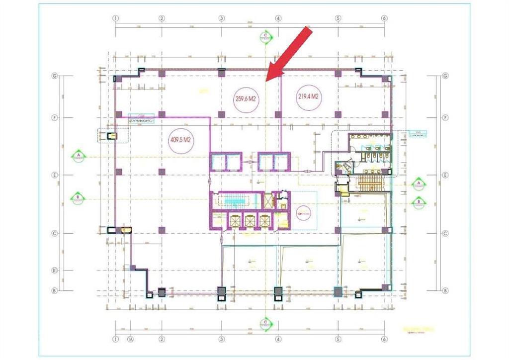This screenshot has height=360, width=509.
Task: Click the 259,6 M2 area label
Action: click(245, 98)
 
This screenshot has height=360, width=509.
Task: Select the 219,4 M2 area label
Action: click(308, 96)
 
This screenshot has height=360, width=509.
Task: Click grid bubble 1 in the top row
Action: click(116, 18)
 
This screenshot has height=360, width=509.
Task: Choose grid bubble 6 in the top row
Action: click(384, 18)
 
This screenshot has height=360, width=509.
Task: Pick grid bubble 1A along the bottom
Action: click(131, 340)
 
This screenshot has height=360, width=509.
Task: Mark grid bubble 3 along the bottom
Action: click(221, 340)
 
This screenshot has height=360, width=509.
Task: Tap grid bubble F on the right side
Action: click(445, 118)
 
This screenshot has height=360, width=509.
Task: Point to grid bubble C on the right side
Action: click(445, 233)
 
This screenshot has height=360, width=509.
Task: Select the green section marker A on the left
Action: click(78, 156)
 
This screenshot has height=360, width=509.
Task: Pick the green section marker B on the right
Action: click(419, 201)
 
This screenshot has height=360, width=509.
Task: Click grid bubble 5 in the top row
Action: click(338, 18)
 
